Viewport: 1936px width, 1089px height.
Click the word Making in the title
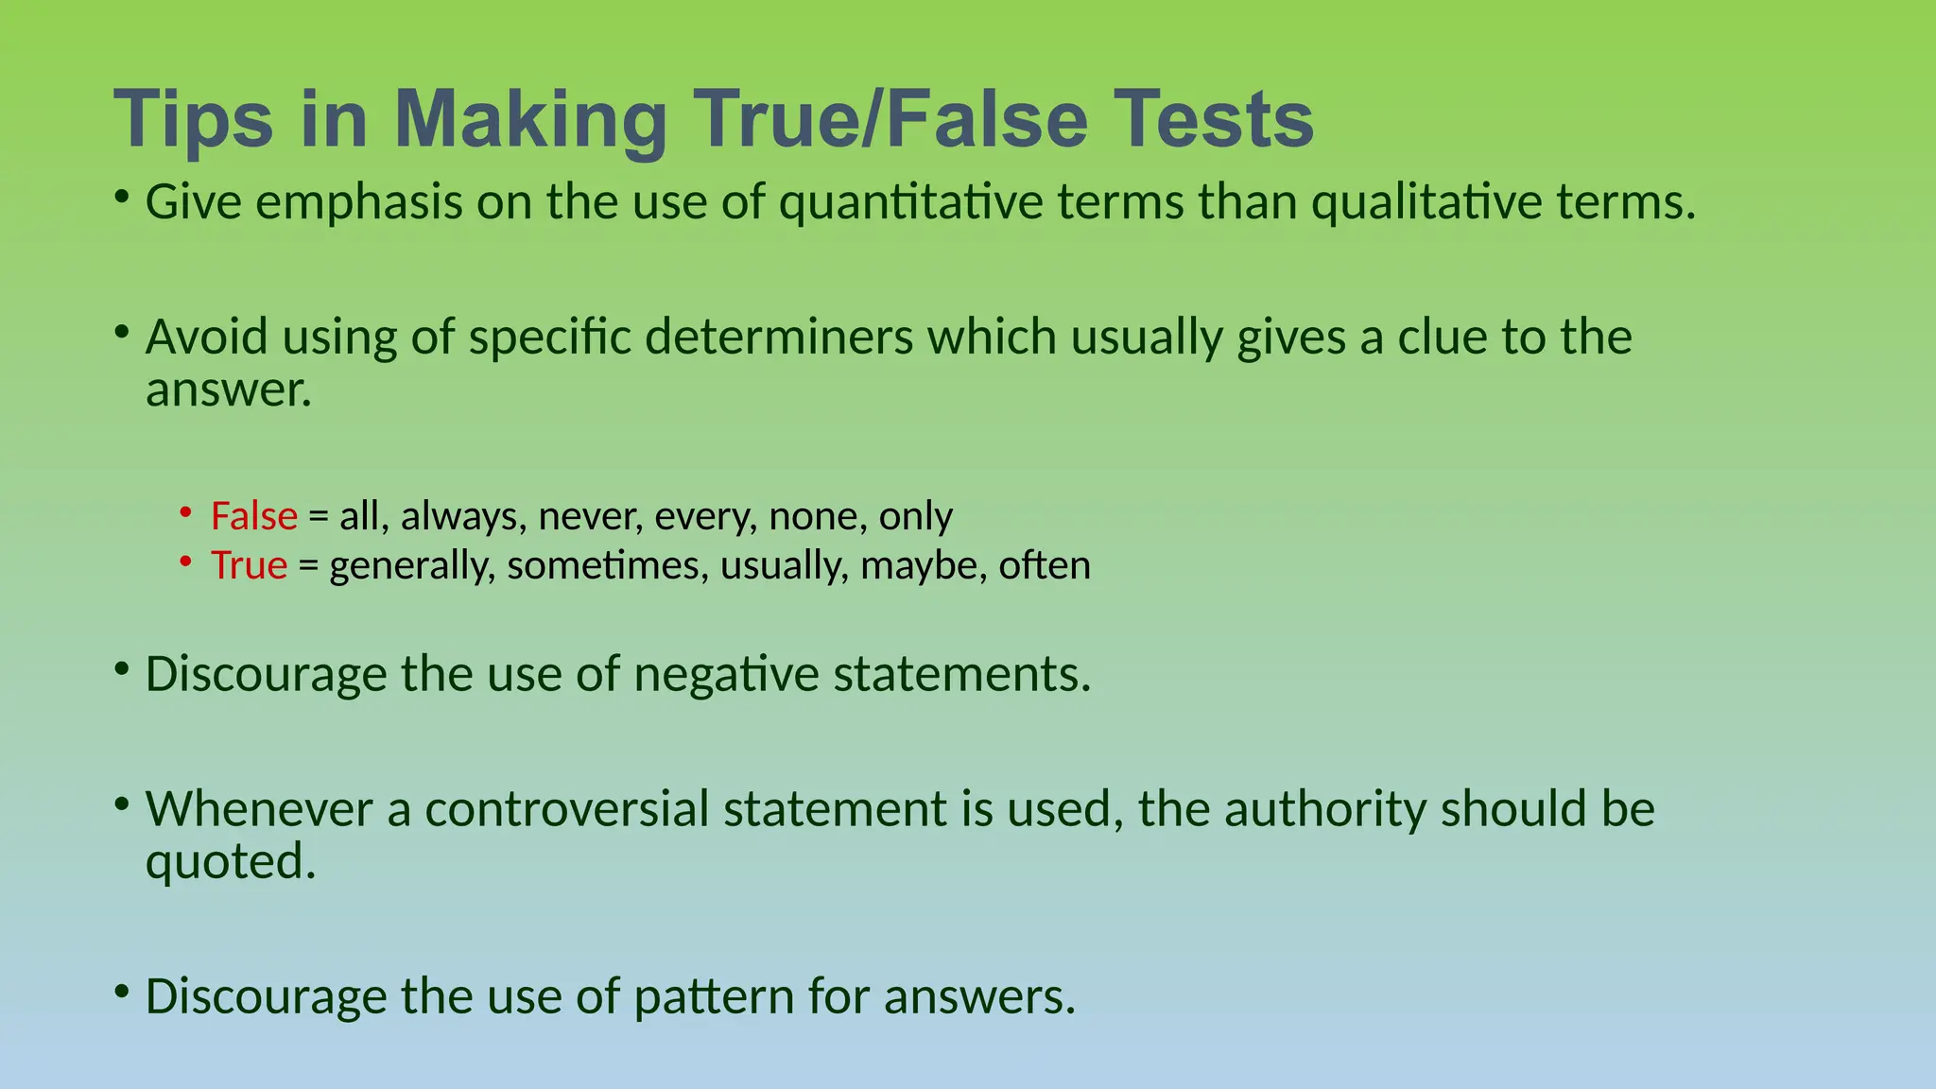click(x=530, y=121)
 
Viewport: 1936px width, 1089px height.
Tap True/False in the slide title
click(x=890, y=119)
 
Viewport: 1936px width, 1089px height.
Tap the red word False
click(x=253, y=516)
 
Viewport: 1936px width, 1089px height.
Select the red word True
click(x=249, y=565)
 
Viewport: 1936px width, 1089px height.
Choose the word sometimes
click(x=607, y=565)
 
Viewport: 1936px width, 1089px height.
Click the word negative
click(x=726, y=675)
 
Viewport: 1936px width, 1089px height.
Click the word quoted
click(x=230, y=861)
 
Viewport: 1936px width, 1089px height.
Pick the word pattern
click(x=714, y=997)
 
